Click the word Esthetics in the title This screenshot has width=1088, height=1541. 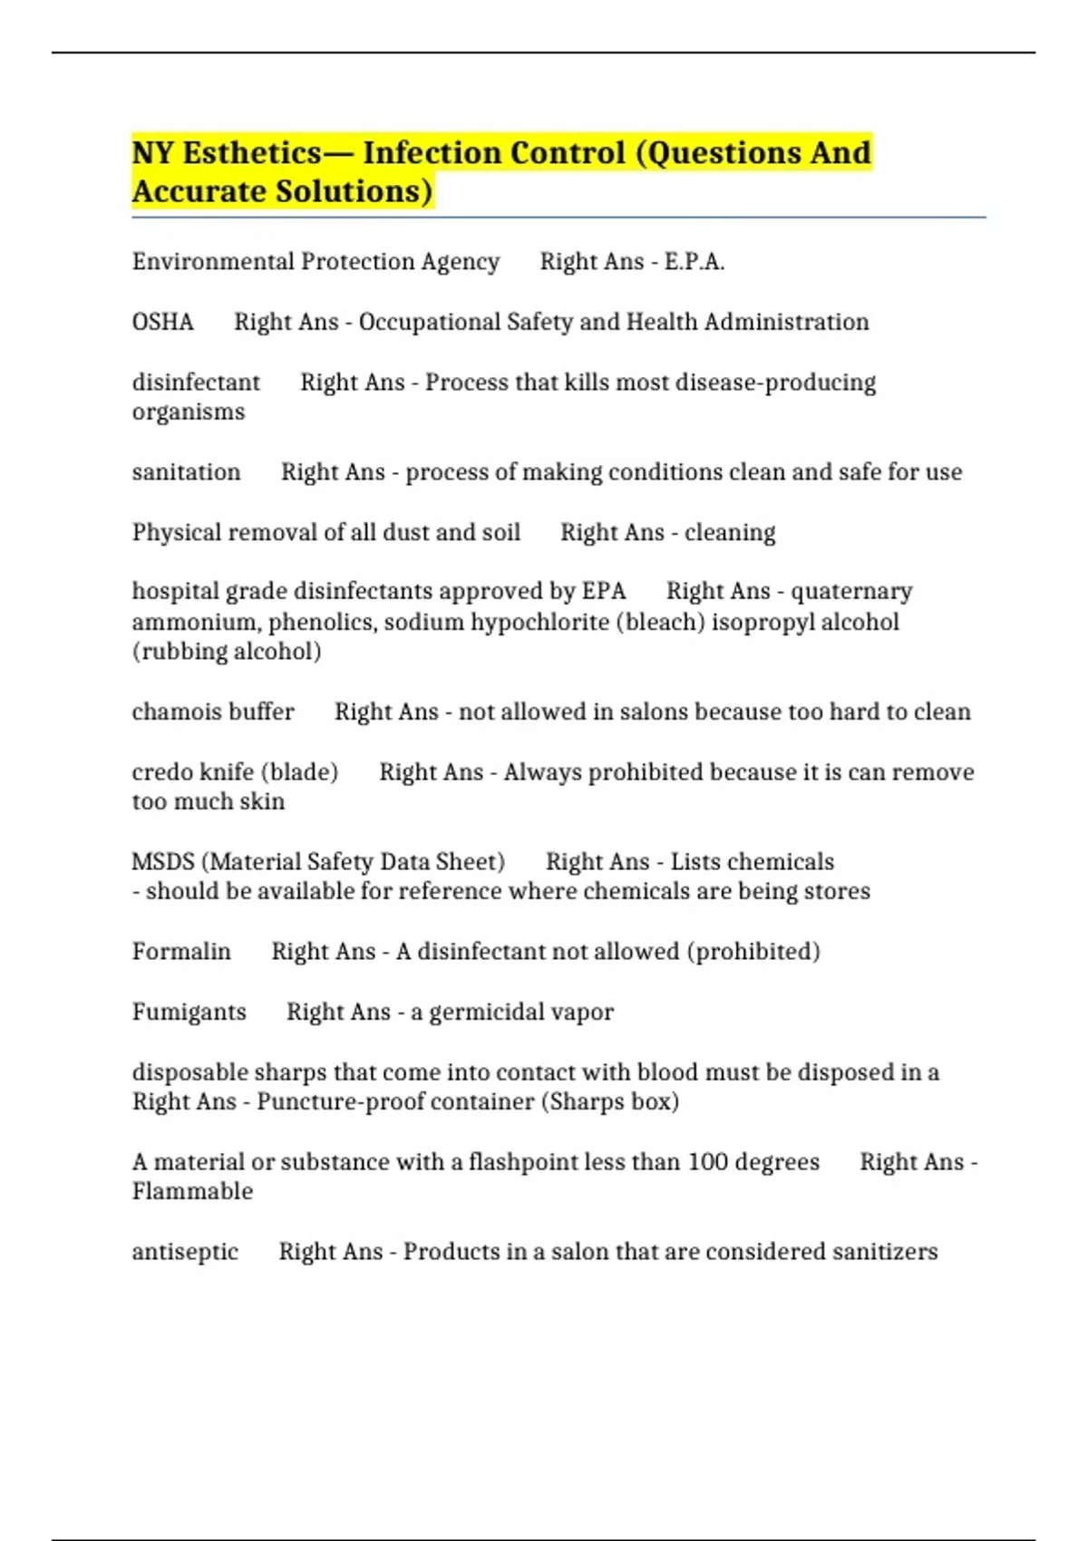(x=252, y=153)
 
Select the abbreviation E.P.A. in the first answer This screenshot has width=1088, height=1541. (x=694, y=262)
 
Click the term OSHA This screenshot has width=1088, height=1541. (x=163, y=323)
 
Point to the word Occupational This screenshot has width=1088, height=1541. (x=429, y=323)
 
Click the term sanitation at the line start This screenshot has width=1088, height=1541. (x=186, y=472)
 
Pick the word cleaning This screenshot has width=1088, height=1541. (x=730, y=533)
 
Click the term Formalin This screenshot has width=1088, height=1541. (x=181, y=952)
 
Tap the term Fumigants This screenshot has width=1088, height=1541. (x=189, y=1013)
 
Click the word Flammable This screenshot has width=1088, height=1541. (x=192, y=1192)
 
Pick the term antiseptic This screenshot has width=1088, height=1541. (x=185, y=1252)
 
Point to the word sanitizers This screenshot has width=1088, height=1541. (x=885, y=1252)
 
